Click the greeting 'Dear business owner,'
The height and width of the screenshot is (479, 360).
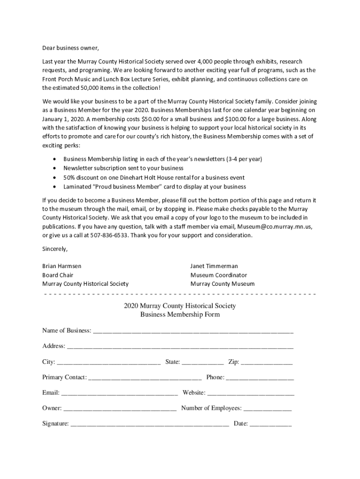(x=71, y=48)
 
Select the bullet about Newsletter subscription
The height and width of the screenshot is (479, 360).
(x=123, y=168)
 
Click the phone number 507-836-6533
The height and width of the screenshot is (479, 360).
(x=109, y=235)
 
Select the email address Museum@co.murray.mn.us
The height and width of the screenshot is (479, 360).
(x=274, y=226)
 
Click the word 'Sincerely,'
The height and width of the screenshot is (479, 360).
(x=55, y=248)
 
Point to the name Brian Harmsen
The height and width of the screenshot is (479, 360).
(x=62, y=266)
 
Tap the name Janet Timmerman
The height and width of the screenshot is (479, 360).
(x=214, y=266)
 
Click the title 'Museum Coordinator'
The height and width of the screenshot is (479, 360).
(x=219, y=275)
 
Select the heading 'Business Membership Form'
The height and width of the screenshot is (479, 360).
(x=180, y=315)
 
